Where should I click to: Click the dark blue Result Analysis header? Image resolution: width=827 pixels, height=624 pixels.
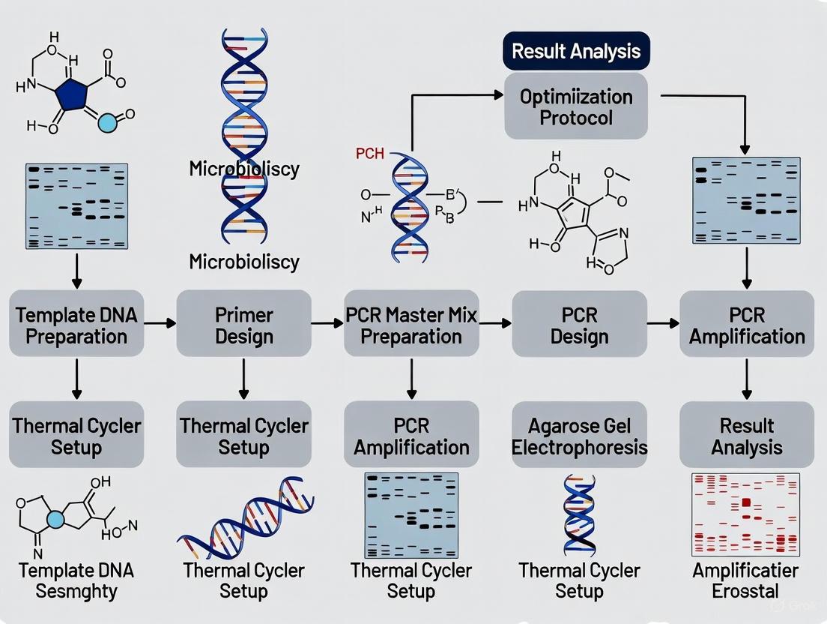coord(576,52)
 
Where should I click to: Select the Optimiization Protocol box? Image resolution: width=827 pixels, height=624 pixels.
coord(576,106)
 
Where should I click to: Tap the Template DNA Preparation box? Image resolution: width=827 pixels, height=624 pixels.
coord(76,324)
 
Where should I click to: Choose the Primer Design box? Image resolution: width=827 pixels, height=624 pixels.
coord(244,324)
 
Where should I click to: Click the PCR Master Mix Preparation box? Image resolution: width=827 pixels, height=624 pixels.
coord(411,324)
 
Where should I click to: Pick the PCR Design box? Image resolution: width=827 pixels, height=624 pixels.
coord(579,324)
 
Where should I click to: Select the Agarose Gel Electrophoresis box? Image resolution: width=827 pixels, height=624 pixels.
coord(579,436)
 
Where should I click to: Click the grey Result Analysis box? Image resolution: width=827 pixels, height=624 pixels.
coord(746,436)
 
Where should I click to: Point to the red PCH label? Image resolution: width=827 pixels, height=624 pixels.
coord(369,154)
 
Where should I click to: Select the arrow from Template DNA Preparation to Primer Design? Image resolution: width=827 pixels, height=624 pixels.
coord(160,323)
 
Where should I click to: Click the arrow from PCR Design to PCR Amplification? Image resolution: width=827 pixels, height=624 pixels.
coord(662,323)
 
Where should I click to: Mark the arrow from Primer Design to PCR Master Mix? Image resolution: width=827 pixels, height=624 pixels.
coord(327,323)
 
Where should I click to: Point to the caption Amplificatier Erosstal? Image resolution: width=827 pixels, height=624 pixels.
coord(746,580)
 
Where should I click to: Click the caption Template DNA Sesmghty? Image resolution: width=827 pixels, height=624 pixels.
coord(76,580)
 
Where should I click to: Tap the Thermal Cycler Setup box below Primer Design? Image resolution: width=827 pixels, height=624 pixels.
coord(244,436)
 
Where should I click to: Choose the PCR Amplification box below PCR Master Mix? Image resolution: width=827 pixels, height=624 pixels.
coord(411,436)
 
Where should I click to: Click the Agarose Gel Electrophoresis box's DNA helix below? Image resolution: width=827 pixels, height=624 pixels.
coord(579,514)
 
